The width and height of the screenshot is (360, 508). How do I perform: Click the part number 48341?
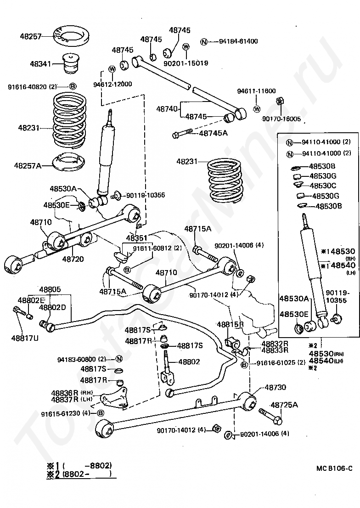pos(40,63)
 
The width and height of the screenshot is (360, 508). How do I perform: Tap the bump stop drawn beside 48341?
pos(71,63)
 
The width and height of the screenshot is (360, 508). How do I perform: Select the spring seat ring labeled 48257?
pos(71,37)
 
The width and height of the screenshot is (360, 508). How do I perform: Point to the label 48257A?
pos(28,166)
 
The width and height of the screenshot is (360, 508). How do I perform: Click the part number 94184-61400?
pos(238,41)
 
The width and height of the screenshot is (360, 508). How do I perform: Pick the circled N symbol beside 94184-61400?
pos(204,42)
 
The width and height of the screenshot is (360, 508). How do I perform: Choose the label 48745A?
pos(213,132)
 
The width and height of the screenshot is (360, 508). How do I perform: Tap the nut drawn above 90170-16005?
pos(279,101)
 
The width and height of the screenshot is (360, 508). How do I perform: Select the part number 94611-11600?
pos(256,91)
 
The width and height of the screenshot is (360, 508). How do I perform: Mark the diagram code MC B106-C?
pos(334,468)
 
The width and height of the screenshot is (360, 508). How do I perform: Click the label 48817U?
pos(25,338)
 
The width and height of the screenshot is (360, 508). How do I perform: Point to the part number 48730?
pos(276,387)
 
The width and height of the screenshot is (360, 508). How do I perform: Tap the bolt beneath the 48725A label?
pos(270,416)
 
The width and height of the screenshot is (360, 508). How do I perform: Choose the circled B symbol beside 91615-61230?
pos(101,413)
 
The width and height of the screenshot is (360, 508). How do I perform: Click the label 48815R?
pos(230,324)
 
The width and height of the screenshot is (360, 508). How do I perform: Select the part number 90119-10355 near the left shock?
pos(146,195)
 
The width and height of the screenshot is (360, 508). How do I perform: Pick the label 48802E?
pos(31,300)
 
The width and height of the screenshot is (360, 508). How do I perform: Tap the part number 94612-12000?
pos(112,84)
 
